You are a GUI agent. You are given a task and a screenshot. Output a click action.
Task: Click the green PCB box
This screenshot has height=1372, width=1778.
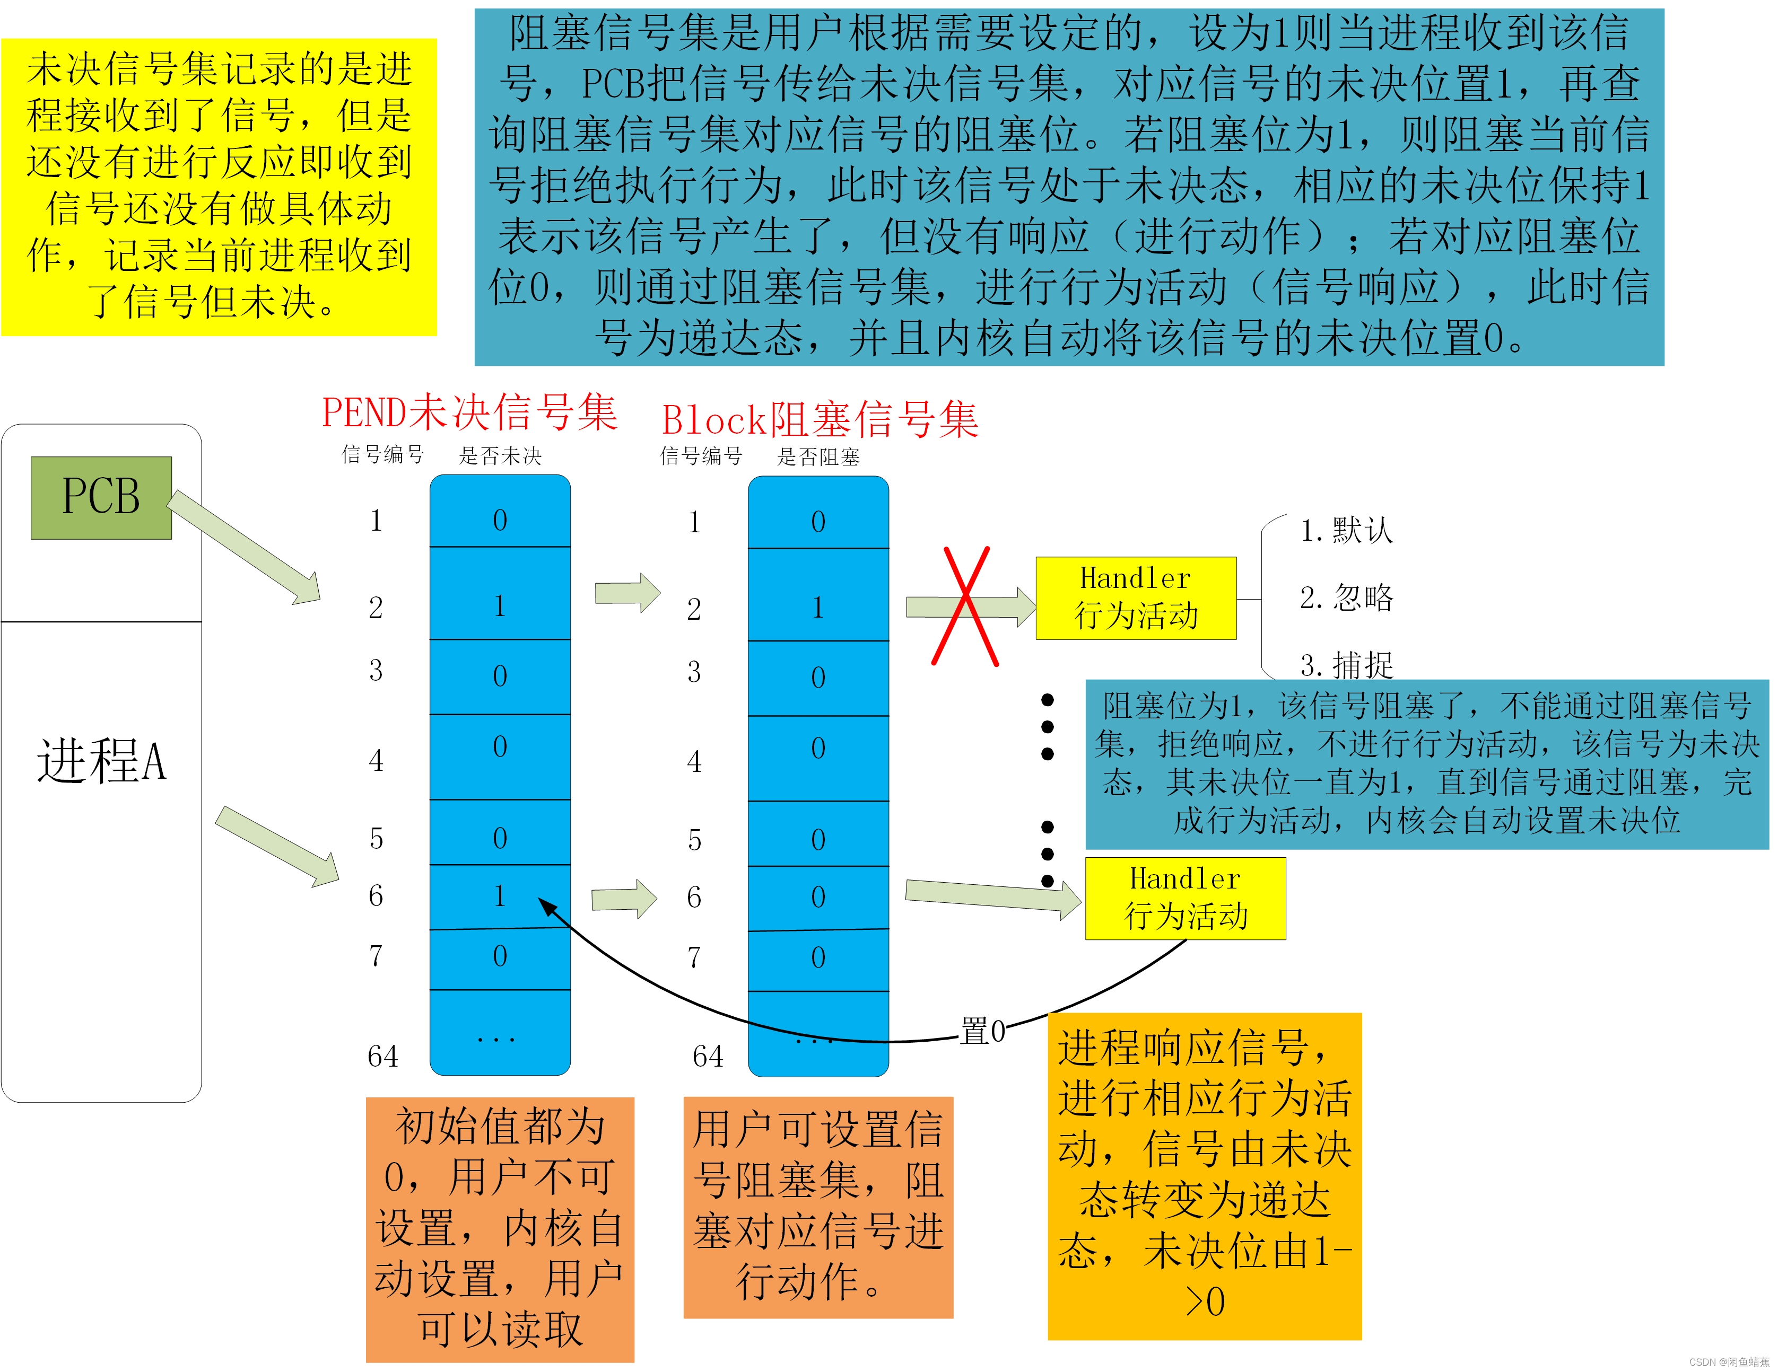coord(101,497)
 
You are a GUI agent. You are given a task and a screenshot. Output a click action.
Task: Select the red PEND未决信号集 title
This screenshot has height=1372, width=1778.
coord(470,412)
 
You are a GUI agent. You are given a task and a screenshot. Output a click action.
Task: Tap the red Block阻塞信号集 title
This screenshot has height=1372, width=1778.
coord(820,420)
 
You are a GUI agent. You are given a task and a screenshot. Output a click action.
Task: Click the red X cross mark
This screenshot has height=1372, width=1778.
coord(965,606)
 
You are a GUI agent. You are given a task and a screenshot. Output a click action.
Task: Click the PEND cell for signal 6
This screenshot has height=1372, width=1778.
coord(500,896)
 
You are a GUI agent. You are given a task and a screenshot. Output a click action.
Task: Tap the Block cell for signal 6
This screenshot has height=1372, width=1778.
coord(818,898)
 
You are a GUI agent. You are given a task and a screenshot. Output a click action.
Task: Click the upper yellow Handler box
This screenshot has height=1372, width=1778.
coord(1136,598)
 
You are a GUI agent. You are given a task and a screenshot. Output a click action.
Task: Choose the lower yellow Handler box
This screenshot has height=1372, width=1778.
coord(1186,899)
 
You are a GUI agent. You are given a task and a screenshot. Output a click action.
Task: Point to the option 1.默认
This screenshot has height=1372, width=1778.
coord(1347,531)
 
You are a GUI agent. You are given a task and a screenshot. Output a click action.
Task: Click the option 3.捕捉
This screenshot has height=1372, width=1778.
coord(1347,665)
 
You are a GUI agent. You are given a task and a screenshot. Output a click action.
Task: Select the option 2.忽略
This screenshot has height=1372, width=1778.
coord(1347,598)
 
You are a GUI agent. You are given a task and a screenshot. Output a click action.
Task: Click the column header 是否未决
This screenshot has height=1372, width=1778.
coord(500,456)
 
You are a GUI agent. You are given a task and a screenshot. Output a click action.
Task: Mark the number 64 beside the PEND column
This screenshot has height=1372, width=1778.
coord(382,1056)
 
